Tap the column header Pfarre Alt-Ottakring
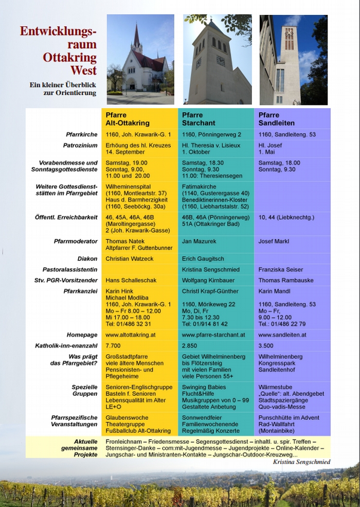(x=128, y=119)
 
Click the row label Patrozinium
(x=80, y=146)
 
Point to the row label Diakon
(x=87, y=259)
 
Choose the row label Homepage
(x=82, y=335)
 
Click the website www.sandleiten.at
(x=282, y=335)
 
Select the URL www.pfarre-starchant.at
(x=213, y=335)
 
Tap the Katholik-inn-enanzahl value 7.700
(x=113, y=345)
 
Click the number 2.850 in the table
(x=190, y=345)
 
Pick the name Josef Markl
(x=273, y=241)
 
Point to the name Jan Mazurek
(x=198, y=241)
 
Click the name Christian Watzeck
(x=130, y=259)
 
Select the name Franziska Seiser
(x=281, y=270)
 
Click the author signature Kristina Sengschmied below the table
(x=301, y=462)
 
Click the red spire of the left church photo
(x=136, y=38)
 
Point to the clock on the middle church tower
(x=221, y=61)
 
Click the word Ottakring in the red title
(x=69, y=57)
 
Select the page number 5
(x=337, y=485)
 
